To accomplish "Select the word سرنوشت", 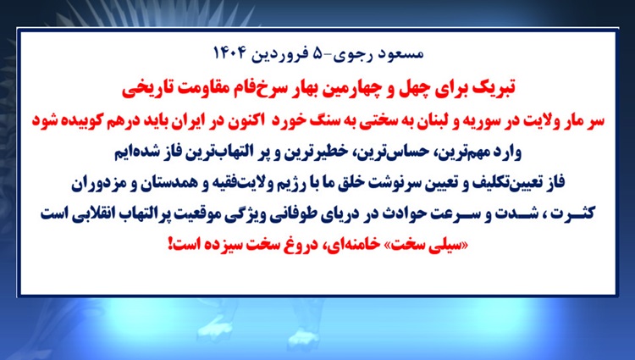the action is pos(388,183).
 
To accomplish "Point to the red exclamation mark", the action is pos(170,244).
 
